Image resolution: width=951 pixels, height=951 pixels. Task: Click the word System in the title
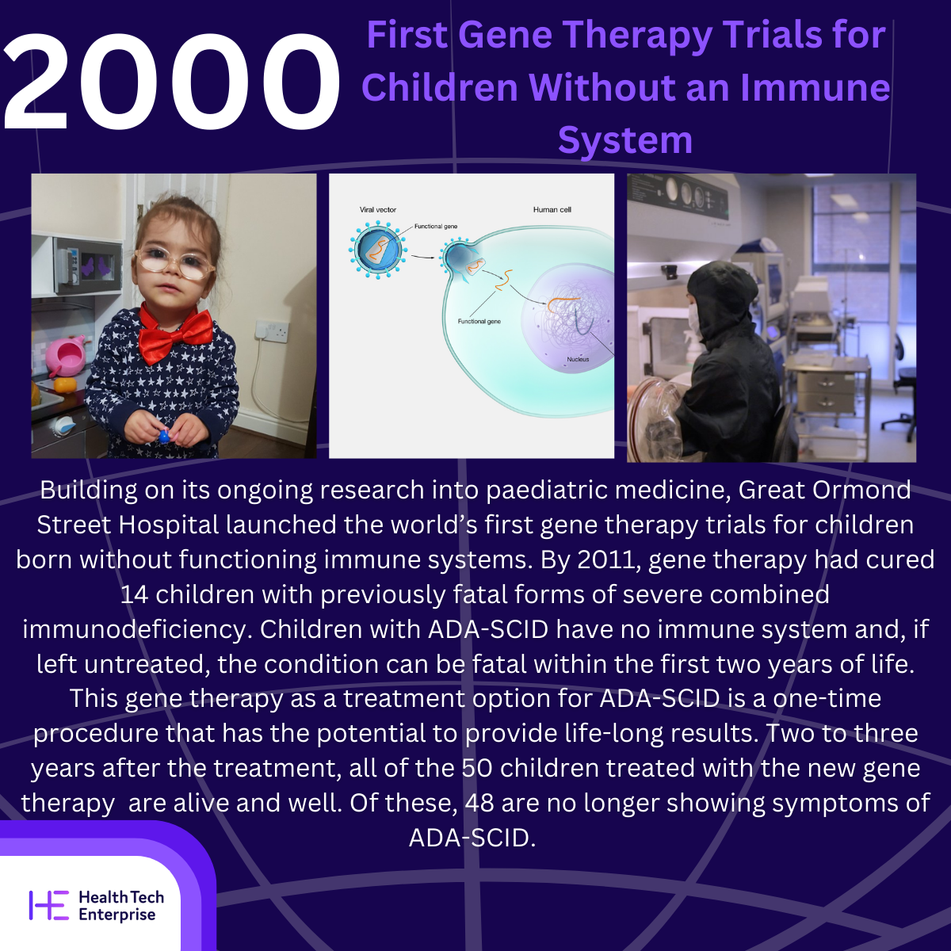625,140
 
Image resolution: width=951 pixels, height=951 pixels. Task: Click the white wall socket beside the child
272,331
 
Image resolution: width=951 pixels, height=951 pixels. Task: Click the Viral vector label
377,210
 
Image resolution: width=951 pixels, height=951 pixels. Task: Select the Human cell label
552,210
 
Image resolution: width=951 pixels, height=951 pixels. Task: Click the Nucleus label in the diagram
578,359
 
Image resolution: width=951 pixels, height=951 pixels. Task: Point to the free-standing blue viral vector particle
378,250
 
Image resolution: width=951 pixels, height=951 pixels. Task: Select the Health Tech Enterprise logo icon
49,905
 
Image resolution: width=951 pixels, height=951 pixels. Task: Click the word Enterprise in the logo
117,915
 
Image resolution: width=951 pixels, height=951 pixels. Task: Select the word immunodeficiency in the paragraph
134,630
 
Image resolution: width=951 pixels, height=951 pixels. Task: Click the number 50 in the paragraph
477,769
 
